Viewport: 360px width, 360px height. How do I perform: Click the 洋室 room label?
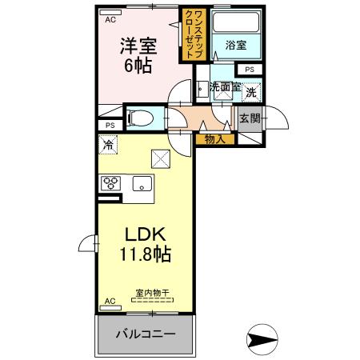[x=138, y=46]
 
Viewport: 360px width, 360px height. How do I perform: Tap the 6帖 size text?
[x=138, y=67]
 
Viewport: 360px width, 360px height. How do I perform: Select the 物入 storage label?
[x=214, y=139]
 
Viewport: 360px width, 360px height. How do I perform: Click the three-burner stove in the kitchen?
[x=110, y=183]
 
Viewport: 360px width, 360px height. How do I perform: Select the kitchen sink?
[x=142, y=183]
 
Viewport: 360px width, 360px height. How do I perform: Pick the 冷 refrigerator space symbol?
[x=107, y=146]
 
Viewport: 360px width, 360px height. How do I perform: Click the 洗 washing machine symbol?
[x=251, y=92]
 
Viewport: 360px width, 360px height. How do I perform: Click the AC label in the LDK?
[x=110, y=301]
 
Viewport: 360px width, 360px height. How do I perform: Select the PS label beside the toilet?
[x=110, y=125]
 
